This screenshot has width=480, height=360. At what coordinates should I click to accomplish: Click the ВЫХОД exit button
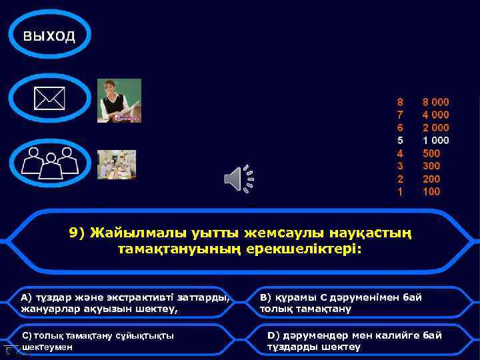click(x=49, y=36)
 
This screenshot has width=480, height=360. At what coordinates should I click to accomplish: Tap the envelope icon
click(x=50, y=100)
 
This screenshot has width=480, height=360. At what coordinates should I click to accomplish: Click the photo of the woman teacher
click(x=119, y=101)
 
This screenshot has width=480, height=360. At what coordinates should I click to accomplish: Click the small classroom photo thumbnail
click(x=117, y=164)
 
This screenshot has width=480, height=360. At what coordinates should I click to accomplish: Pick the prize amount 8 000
click(x=435, y=103)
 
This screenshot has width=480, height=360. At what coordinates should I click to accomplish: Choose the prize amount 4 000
click(x=435, y=115)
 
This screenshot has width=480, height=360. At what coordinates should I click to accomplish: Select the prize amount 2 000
click(x=435, y=128)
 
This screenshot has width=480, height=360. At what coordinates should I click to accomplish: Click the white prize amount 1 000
click(x=435, y=141)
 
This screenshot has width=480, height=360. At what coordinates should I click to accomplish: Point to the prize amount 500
click(x=431, y=153)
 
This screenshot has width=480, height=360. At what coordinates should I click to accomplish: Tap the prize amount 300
click(x=431, y=166)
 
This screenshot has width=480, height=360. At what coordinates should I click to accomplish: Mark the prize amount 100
click(x=431, y=192)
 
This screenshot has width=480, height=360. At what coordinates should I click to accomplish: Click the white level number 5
click(x=400, y=141)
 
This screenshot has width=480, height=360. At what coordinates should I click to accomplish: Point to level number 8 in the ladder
click(x=400, y=103)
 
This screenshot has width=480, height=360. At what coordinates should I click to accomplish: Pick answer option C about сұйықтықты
click(x=107, y=341)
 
